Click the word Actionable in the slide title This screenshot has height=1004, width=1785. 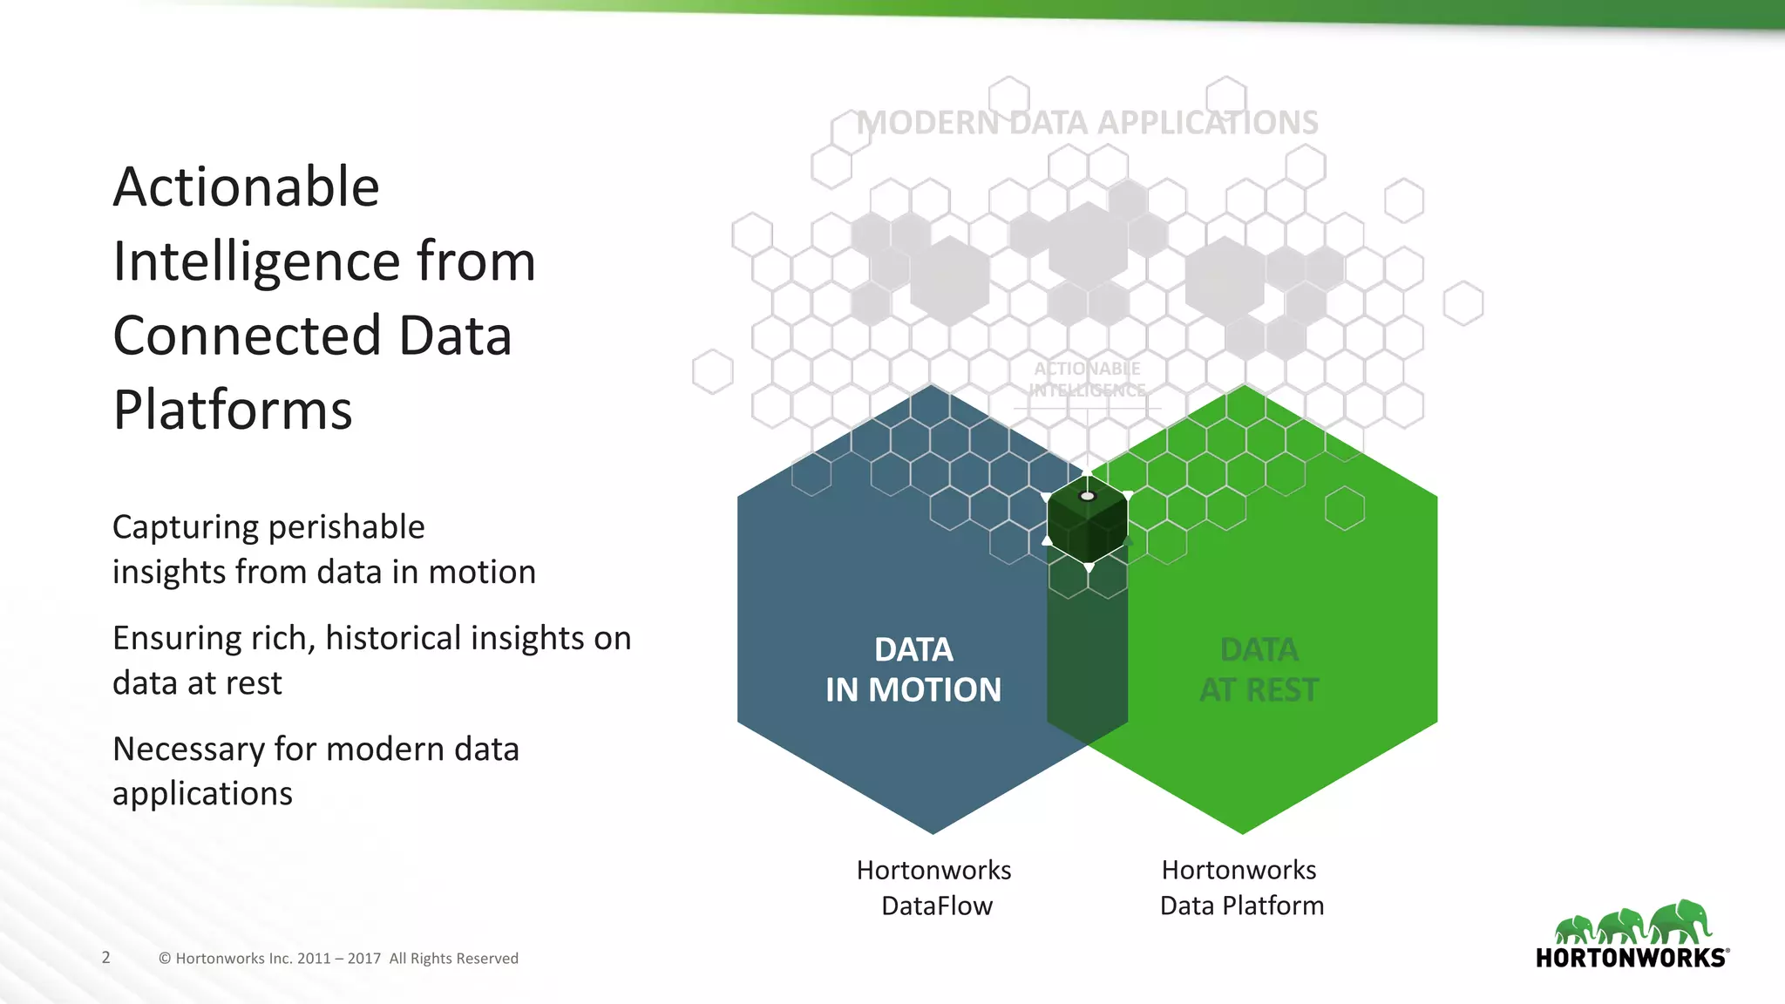coord(246,187)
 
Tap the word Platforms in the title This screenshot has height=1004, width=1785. coord(233,410)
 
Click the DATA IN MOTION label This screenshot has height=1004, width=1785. coord(913,669)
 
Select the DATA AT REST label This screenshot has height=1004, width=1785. coord(1259,669)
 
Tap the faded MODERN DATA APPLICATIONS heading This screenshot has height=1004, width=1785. coord(1087,123)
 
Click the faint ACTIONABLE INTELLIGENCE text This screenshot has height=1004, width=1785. coord(1087,379)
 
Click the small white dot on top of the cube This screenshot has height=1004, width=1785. coord(1087,496)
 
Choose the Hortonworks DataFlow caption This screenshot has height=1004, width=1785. coord(934,887)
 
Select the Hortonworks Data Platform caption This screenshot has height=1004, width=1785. coord(1241,887)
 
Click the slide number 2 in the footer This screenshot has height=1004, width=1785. coord(106,957)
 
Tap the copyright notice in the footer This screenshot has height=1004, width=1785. coord(338,958)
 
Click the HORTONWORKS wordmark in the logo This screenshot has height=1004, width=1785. coord(1631,958)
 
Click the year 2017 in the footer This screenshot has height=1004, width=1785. coord(363,958)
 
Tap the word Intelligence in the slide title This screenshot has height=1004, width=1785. coord(256,261)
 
